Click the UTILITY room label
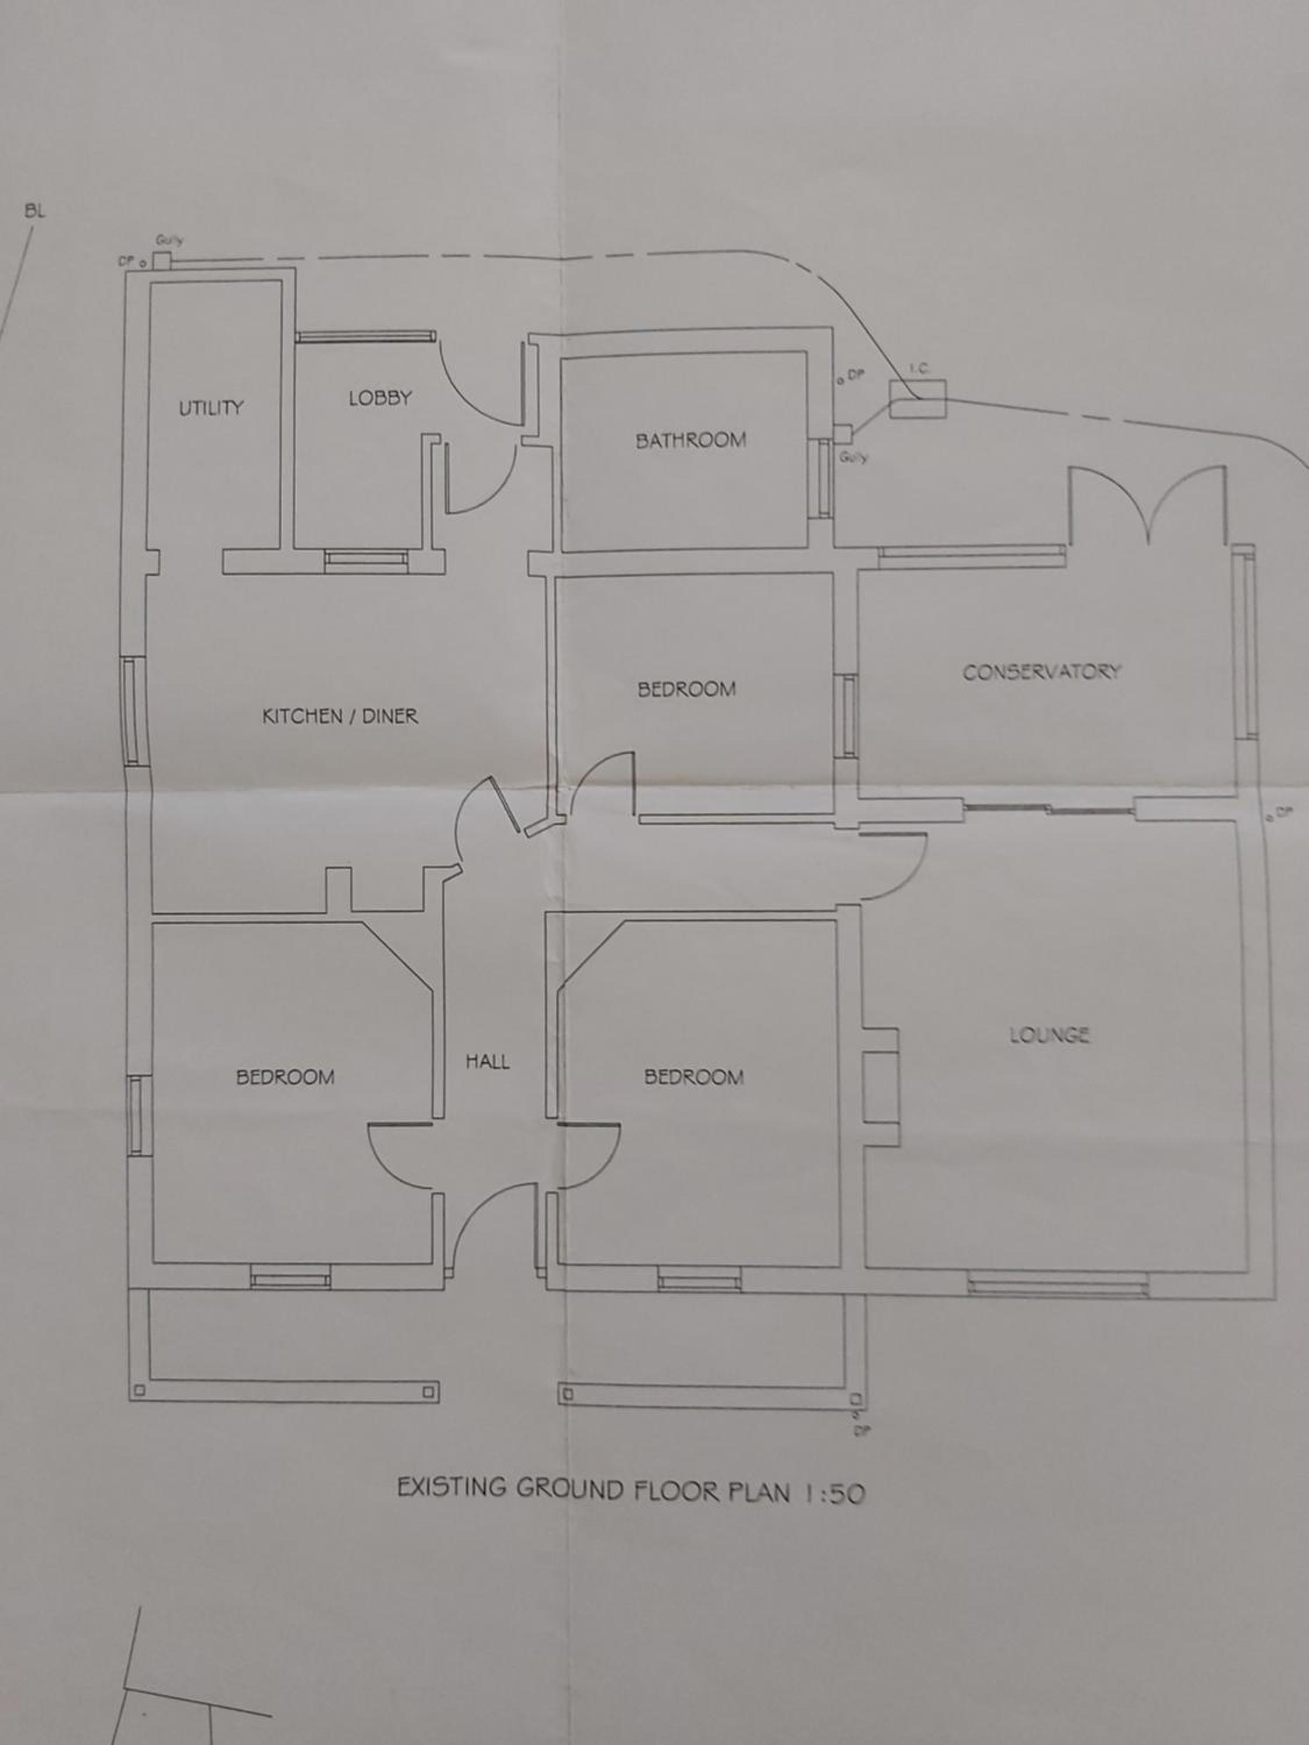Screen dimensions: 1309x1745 pyautogui.click(x=211, y=408)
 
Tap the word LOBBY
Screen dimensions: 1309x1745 pyautogui.click(x=380, y=398)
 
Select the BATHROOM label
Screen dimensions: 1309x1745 pyautogui.click(x=691, y=440)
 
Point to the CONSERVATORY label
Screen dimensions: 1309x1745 pyautogui.click(x=1041, y=672)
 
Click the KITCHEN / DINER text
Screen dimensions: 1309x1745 pyautogui.click(x=340, y=716)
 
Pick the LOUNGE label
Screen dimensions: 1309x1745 pyautogui.click(x=1050, y=1035)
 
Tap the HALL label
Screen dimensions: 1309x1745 pyautogui.click(x=488, y=1062)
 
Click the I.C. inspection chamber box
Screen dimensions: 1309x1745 pyautogui.click(x=917, y=398)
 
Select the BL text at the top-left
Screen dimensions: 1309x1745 pyautogui.click(x=35, y=211)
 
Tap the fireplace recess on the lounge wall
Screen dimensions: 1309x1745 pyautogui.click(x=881, y=1087)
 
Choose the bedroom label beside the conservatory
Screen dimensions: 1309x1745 pyautogui.click(x=686, y=689)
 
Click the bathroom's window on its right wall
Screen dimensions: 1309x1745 pyautogui.click(x=824, y=478)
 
